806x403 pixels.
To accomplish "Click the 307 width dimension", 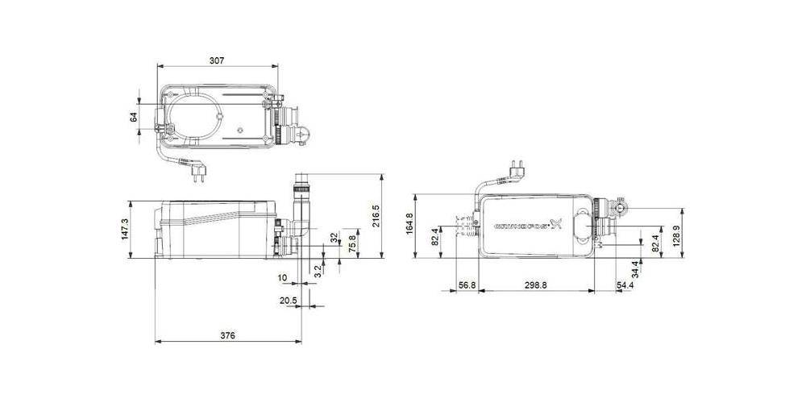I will click(x=216, y=60).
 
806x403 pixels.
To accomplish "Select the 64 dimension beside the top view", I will click(x=134, y=117).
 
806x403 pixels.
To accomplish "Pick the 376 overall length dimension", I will click(x=226, y=335).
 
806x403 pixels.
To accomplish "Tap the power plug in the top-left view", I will click(x=193, y=168).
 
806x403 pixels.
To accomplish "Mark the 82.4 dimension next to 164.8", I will click(x=436, y=239).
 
